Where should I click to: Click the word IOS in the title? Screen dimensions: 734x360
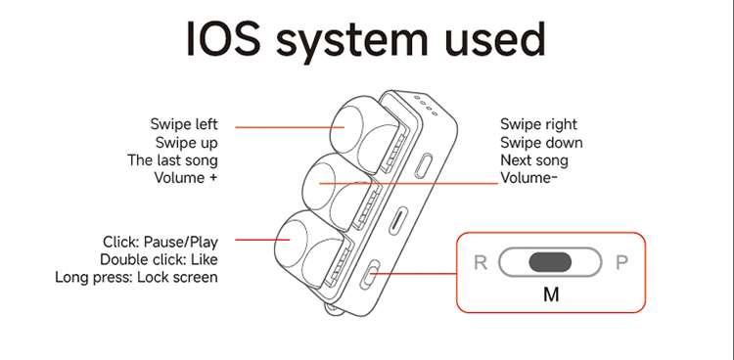tap(223, 39)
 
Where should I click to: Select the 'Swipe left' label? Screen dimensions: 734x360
tap(184, 124)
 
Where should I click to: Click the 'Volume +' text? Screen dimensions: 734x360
tap(186, 178)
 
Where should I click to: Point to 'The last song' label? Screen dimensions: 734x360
tap(172, 160)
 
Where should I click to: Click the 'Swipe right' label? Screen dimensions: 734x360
tap(539, 124)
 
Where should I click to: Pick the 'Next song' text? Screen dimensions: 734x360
tap(534, 160)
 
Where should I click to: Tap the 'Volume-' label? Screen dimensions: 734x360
tap(528, 178)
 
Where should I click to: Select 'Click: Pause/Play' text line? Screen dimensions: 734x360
tap(161, 242)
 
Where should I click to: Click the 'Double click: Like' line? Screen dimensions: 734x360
tap(159, 259)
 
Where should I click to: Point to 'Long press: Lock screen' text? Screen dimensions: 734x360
tap(136, 277)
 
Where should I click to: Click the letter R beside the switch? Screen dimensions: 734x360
tap(481, 263)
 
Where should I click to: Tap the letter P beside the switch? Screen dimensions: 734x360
tap(621, 263)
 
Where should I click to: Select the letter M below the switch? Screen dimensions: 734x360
tap(551, 294)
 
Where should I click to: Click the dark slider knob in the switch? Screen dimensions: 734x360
tap(550, 262)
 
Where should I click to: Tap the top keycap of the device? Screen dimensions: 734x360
tap(363, 129)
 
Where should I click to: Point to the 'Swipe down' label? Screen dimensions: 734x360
tap(541, 142)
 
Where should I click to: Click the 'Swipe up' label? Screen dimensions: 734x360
tap(187, 142)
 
